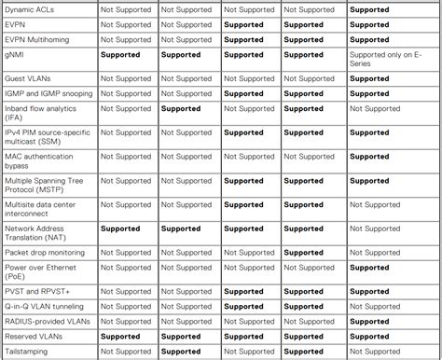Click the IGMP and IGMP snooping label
[x=48, y=93]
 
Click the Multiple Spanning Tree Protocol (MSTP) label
[x=46, y=186]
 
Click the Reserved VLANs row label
[x=35, y=337]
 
